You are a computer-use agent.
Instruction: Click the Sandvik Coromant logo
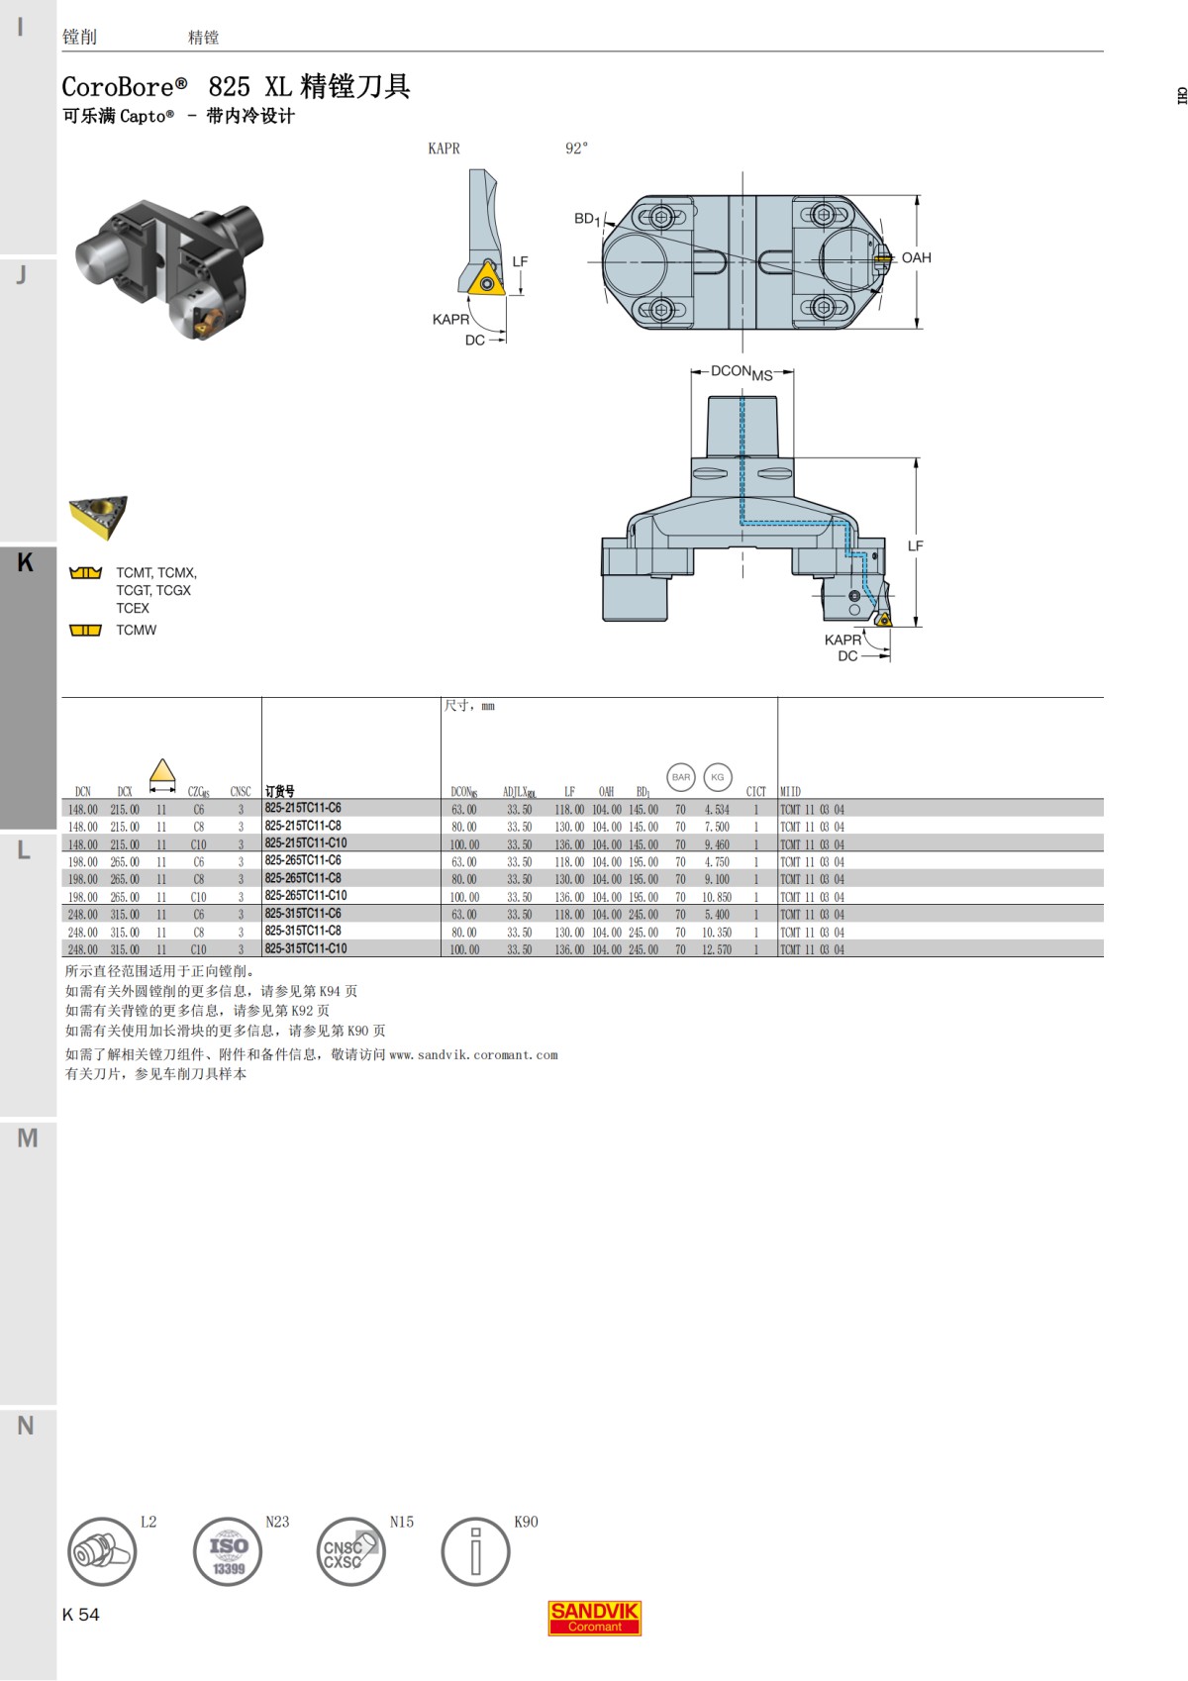pos(594,1618)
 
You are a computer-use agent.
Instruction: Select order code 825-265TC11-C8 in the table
pos(303,878)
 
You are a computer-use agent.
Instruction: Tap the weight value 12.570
pos(717,949)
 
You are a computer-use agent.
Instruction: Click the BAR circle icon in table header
pos(681,777)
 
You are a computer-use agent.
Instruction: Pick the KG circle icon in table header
pos(718,777)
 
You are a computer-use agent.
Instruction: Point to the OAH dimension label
pos(916,257)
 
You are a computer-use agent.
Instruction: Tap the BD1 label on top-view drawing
pos(586,219)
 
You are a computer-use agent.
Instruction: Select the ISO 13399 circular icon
pos(228,1551)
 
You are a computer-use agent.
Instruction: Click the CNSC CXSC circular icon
pos(350,1551)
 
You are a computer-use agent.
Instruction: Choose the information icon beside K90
pos(475,1551)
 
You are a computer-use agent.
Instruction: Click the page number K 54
pos(81,1615)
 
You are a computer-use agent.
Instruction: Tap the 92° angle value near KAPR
pos(576,148)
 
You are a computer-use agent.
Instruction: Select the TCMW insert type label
pos(137,631)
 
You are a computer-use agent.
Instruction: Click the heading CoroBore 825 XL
pos(236,87)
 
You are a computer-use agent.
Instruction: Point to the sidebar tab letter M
pos(27,1138)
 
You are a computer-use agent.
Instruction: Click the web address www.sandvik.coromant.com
pos(473,1055)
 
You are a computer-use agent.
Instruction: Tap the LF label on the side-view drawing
pos(915,546)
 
